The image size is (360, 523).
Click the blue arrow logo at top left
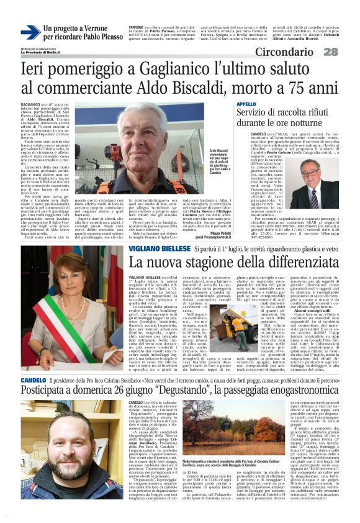[x=30, y=32]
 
